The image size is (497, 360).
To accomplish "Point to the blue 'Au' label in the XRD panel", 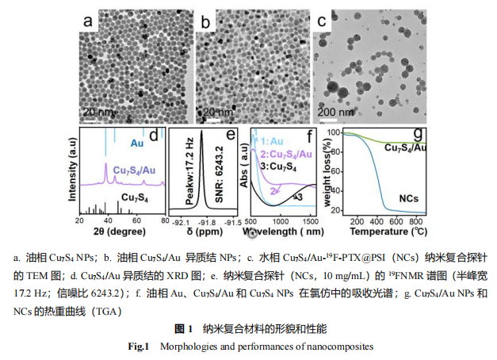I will click(x=137, y=144).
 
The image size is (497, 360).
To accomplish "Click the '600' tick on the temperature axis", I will click(x=394, y=224).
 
